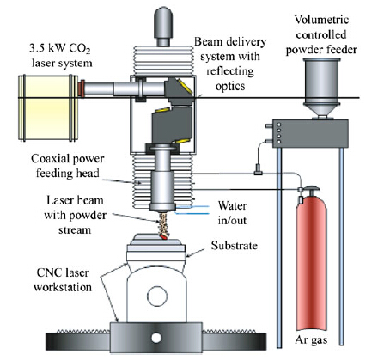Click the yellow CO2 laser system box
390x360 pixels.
pos(48,107)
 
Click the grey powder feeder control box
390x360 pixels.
pos(310,133)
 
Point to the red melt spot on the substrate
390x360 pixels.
pos(163,236)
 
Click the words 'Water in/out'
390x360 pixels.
pos(232,213)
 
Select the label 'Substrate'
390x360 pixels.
pos(235,246)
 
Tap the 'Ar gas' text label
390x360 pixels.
pos(311,340)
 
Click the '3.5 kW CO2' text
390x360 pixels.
pos(60,48)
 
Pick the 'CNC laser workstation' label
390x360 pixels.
pos(63,280)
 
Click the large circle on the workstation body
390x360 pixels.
pos(157,296)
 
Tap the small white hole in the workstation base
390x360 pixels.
pos(156,338)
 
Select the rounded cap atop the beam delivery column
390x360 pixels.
pos(163,26)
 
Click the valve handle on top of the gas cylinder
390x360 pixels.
pos(310,188)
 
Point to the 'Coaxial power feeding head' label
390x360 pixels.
pos(68,166)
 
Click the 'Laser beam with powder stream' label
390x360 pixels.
pos(75,215)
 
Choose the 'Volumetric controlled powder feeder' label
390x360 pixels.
pos(321,35)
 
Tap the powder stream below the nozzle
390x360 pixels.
pos(162,223)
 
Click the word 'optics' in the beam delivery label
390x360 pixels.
pos(230,86)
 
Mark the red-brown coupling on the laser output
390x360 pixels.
pos(81,88)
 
